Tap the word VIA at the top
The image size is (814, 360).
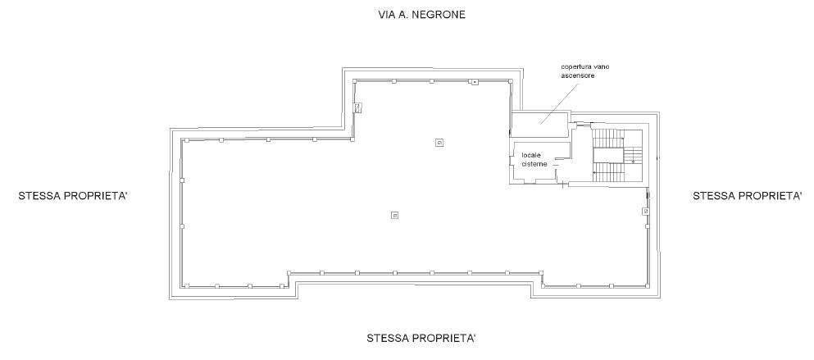pos(387,15)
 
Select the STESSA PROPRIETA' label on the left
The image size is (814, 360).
pos(73,196)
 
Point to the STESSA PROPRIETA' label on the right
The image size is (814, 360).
pos(748,195)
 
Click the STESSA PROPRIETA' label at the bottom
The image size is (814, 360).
pos(421,338)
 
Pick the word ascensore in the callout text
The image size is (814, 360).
pos(577,75)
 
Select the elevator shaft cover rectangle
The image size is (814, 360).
pos(539,125)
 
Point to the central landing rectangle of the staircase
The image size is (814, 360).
pos(608,155)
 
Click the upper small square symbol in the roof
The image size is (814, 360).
pos(439,143)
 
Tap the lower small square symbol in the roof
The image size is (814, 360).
pos(394,215)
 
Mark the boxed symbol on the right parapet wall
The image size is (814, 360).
pos(645,212)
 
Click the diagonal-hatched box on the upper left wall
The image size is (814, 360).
pos(357,108)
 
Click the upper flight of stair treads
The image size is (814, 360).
pos(608,139)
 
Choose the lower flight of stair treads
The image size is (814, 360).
pos(608,172)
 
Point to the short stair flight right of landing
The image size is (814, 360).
pos(632,155)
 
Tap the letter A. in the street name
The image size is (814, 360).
pos(404,15)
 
